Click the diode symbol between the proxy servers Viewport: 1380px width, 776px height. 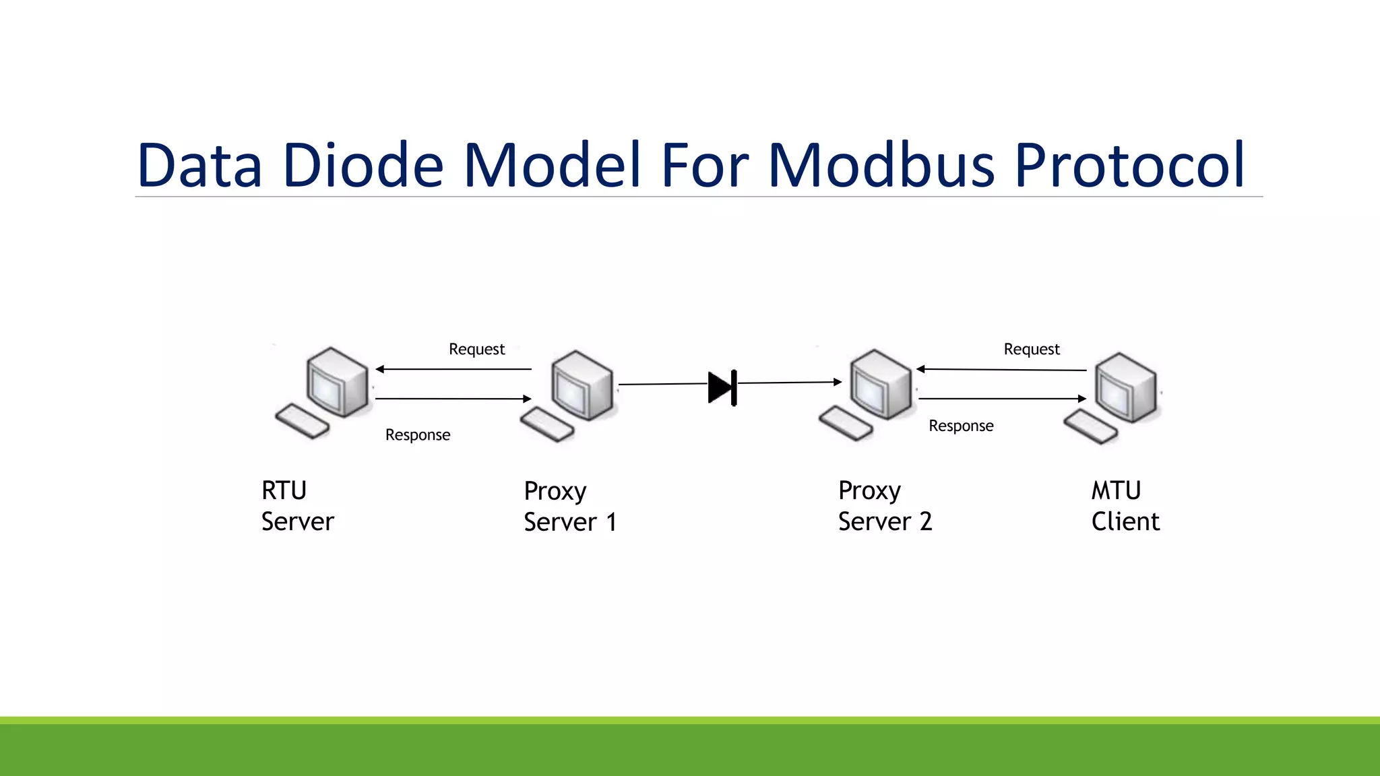(722, 388)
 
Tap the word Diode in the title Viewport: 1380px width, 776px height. (363, 165)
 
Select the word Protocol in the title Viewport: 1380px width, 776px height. (1129, 165)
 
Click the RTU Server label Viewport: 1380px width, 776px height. (296, 506)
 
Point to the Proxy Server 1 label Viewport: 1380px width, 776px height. (569, 507)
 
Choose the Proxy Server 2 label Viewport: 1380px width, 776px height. (884, 506)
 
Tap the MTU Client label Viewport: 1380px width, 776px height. (1125, 506)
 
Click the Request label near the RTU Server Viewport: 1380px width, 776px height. (476, 349)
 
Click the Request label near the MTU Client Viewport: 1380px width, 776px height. (1031, 349)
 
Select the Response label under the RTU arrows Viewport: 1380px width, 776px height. (417, 435)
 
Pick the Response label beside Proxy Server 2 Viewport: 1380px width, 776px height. (960, 426)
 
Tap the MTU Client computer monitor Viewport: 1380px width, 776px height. (1124, 387)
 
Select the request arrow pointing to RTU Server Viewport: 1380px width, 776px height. (453, 369)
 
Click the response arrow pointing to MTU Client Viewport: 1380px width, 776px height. (1002, 399)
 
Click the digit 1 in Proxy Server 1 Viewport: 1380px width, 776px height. (611, 523)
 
